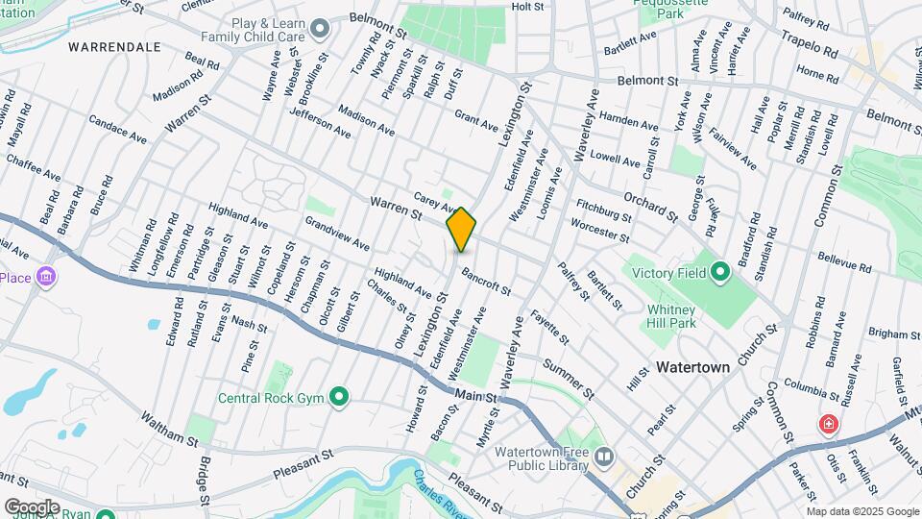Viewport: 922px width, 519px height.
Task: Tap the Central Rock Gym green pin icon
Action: pyautogui.click(x=338, y=396)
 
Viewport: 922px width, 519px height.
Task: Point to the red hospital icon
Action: pyautogui.click(x=827, y=423)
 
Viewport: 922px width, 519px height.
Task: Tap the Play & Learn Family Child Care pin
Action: pyautogui.click(x=320, y=27)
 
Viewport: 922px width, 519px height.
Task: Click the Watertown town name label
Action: pyautogui.click(x=693, y=367)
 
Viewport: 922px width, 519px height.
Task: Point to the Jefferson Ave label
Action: pyautogui.click(x=320, y=124)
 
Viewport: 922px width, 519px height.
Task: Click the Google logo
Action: pyautogui.click(x=32, y=507)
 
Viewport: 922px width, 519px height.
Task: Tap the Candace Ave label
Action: pyautogui.click(x=117, y=131)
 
